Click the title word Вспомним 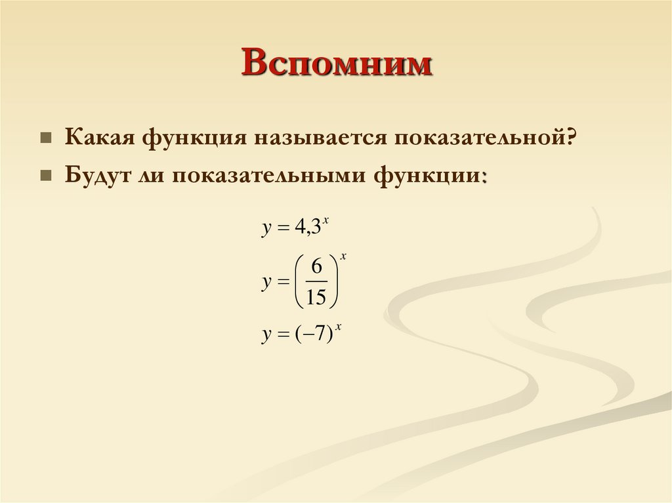tap(337, 66)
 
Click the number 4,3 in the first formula tap(307, 228)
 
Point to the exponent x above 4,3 tap(325, 221)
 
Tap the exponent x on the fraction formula tap(343, 256)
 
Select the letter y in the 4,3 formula tap(266, 230)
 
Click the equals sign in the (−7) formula tap(283, 335)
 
